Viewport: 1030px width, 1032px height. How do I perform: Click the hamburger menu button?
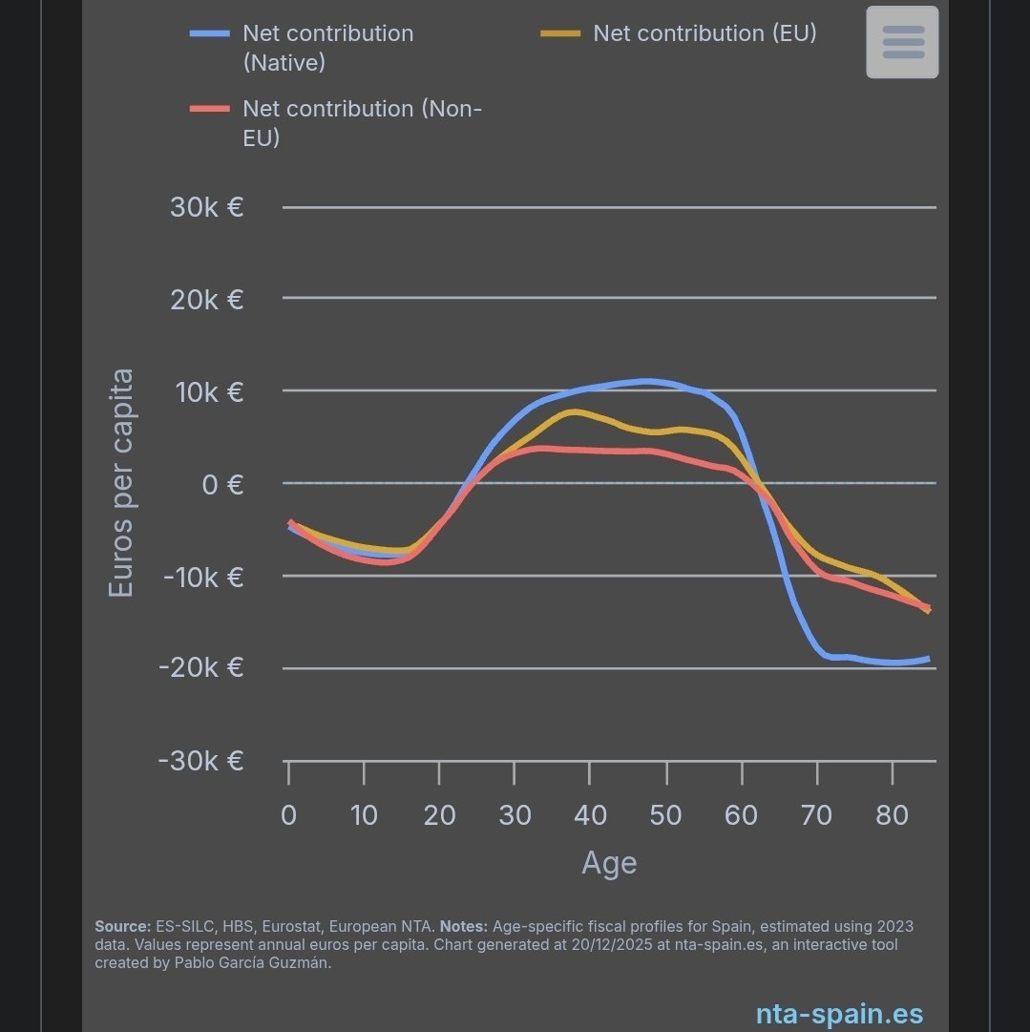[x=902, y=42]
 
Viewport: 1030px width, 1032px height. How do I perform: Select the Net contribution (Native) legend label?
[x=327, y=48]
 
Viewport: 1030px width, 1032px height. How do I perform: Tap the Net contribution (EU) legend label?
[x=704, y=33]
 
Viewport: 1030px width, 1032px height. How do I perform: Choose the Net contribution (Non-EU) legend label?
[x=362, y=123]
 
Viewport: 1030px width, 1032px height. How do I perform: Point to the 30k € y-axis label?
[x=206, y=206]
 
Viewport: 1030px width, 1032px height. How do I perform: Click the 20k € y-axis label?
[x=206, y=300]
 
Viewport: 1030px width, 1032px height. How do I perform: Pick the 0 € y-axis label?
[x=221, y=484]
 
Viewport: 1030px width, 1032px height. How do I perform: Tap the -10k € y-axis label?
[x=202, y=577]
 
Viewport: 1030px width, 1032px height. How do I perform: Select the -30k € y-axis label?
[x=202, y=761]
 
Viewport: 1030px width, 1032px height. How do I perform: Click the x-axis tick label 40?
[x=590, y=814]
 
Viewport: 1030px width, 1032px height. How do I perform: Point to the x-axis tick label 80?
[x=892, y=814]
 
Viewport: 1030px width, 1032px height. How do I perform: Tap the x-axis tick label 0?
[x=288, y=814]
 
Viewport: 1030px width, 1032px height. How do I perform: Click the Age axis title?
[x=609, y=863]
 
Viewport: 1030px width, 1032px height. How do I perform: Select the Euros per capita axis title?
[x=121, y=484]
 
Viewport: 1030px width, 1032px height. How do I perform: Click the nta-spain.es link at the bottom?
[x=839, y=1013]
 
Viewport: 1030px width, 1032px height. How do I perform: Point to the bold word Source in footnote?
[x=122, y=927]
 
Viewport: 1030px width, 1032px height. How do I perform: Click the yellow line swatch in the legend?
[x=560, y=33]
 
